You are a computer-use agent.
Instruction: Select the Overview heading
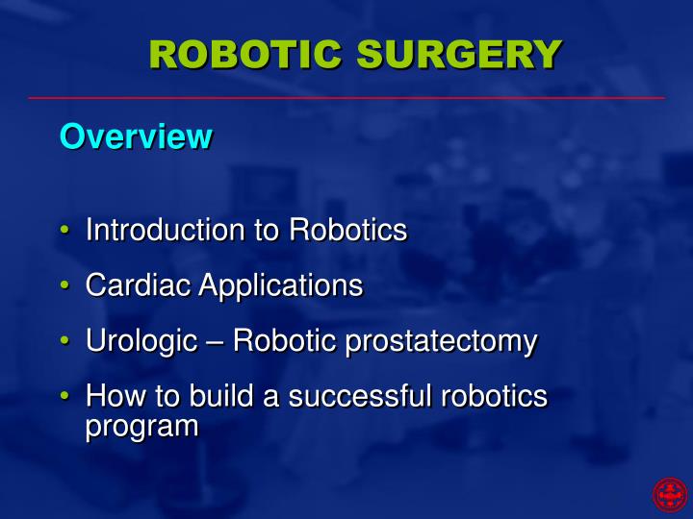(x=135, y=136)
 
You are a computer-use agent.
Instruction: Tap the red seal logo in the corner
(x=670, y=494)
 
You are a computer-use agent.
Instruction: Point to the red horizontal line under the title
(x=346, y=98)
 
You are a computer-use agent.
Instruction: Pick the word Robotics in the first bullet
(x=348, y=231)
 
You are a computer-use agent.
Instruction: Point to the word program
(x=141, y=426)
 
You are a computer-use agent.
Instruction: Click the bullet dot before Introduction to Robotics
(x=64, y=232)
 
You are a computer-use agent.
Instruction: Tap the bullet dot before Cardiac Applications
(x=64, y=286)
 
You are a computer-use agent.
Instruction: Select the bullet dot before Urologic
(x=64, y=341)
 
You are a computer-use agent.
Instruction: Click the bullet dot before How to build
(x=64, y=396)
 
